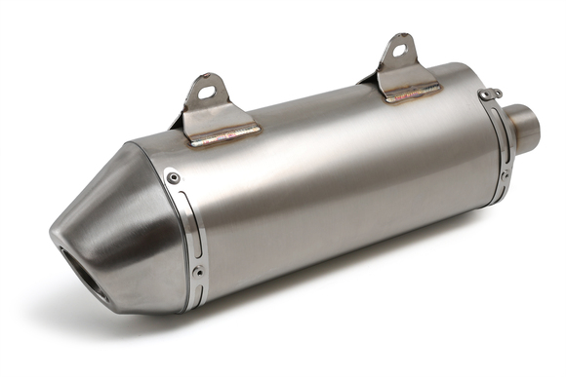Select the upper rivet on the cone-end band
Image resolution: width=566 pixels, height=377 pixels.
click(174, 177)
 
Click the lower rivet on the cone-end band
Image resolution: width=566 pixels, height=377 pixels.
click(199, 270)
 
